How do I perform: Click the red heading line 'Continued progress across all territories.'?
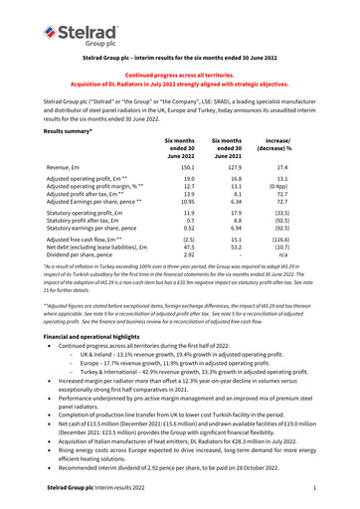[x=179, y=76]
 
